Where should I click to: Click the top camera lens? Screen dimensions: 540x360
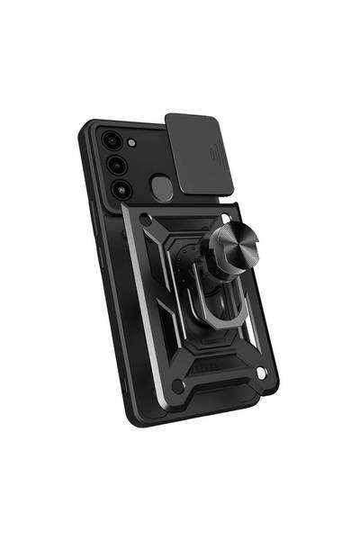112,141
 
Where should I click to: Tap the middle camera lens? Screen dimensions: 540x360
116,166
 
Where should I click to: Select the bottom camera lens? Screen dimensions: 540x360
121,189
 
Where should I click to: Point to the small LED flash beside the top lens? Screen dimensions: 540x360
132,143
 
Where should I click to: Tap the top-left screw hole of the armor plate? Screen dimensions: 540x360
144,218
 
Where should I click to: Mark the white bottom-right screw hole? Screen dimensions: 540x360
262,372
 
